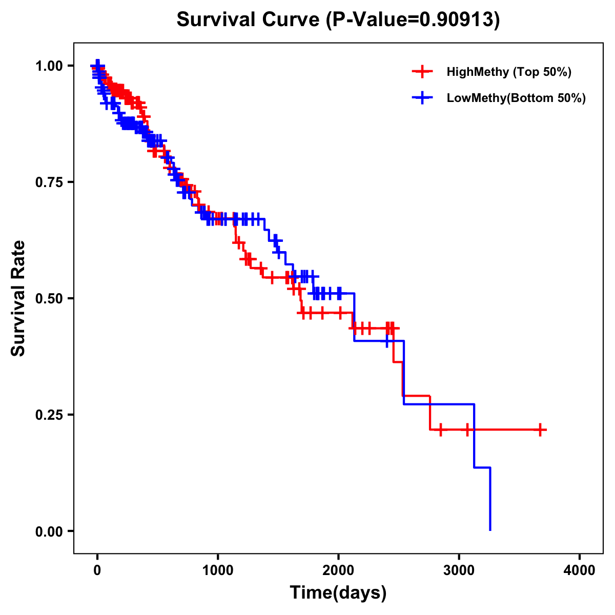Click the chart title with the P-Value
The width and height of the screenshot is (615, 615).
338,19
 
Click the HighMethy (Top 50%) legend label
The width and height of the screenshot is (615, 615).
508,72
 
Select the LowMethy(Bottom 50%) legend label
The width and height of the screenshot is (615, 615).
516,98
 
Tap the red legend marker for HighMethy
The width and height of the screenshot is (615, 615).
422,72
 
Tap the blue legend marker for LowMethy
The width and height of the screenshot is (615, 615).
422,98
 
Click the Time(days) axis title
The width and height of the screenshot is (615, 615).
338,593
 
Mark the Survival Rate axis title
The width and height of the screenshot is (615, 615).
18,298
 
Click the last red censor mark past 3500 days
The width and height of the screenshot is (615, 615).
540,429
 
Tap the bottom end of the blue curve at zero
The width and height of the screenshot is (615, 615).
490,529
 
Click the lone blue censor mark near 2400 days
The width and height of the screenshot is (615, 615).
387,341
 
